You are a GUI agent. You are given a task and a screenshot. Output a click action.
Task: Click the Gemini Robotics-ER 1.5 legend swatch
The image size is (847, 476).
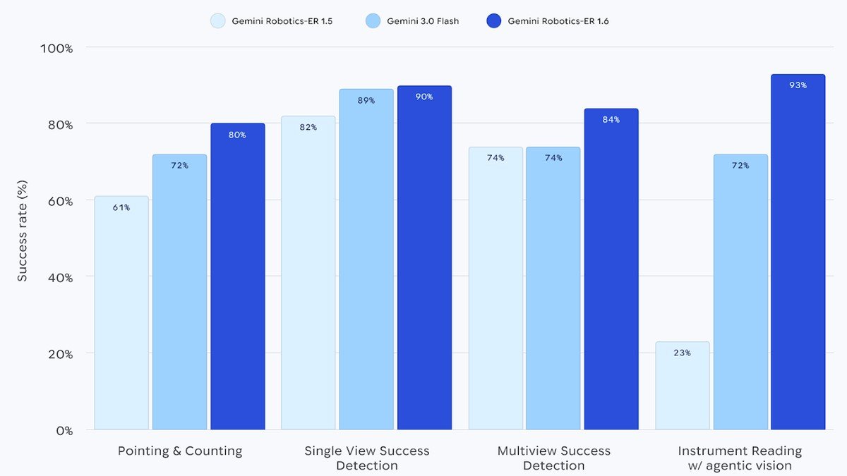point(217,21)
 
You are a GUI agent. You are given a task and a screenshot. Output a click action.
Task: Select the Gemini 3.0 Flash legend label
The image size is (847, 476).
point(422,21)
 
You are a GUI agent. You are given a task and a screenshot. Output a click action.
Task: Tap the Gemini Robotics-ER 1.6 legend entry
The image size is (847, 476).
point(558,21)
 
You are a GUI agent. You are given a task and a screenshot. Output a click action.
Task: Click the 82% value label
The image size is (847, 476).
point(308,128)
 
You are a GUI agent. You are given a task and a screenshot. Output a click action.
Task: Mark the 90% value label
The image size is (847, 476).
point(424,97)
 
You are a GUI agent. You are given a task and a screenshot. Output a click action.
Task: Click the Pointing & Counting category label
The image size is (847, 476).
point(180,451)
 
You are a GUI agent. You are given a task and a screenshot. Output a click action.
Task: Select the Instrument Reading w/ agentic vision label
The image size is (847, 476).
point(740,458)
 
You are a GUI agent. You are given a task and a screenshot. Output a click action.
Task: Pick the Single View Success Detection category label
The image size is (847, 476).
point(366,458)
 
